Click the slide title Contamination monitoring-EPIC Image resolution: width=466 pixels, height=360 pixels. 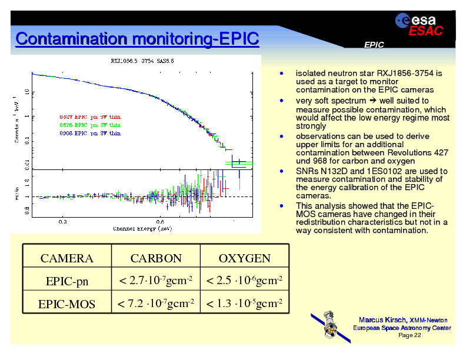[x=137, y=39]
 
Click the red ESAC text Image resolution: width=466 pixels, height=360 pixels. [x=425, y=32]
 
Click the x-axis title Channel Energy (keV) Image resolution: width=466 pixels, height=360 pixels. [x=143, y=228]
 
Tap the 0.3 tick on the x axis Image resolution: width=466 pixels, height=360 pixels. [x=62, y=222]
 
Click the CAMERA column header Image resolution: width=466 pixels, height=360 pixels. [x=66, y=258]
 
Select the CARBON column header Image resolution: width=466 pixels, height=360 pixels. [x=156, y=258]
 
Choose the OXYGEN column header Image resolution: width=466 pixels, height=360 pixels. [x=244, y=258]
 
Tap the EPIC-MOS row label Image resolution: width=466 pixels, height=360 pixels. [x=66, y=304]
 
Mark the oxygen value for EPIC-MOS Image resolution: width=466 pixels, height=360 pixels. [x=244, y=304]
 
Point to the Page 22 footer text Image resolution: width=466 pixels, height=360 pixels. [x=410, y=335]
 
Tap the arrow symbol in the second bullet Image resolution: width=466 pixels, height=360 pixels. [x=374, y=101]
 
